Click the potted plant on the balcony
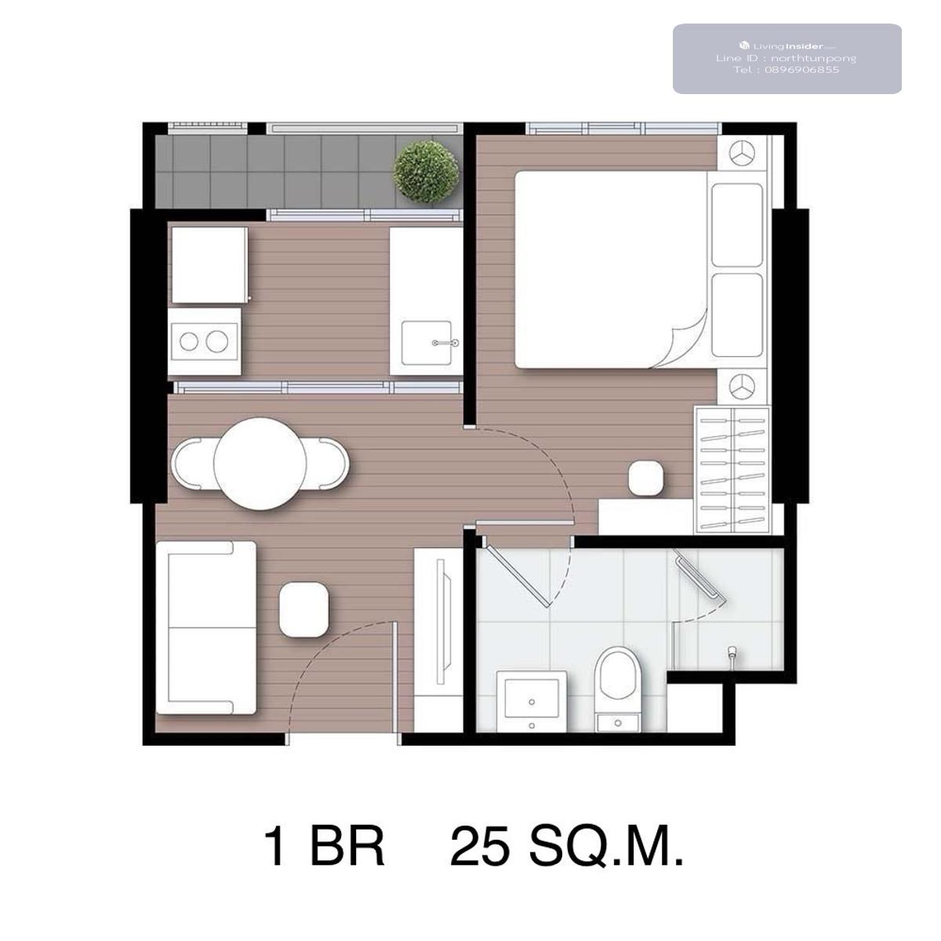tap(426, 172)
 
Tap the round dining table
tap(260, 463)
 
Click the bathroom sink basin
tap(532, 699)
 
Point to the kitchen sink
tap(426, 343)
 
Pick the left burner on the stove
tap(189, 341)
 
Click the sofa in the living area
tap(206, 627)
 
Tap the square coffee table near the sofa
tap(303, 609)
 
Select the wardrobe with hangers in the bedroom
tap(732, 469)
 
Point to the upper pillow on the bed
tap(737, 225)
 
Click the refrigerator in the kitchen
tap(209, 265)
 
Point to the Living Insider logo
tap(744, 45)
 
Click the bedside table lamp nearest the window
tap(741, 153)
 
